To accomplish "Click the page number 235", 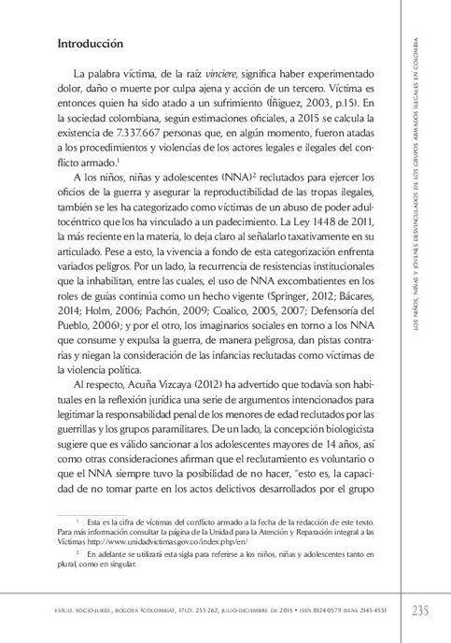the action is click(419, 611).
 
